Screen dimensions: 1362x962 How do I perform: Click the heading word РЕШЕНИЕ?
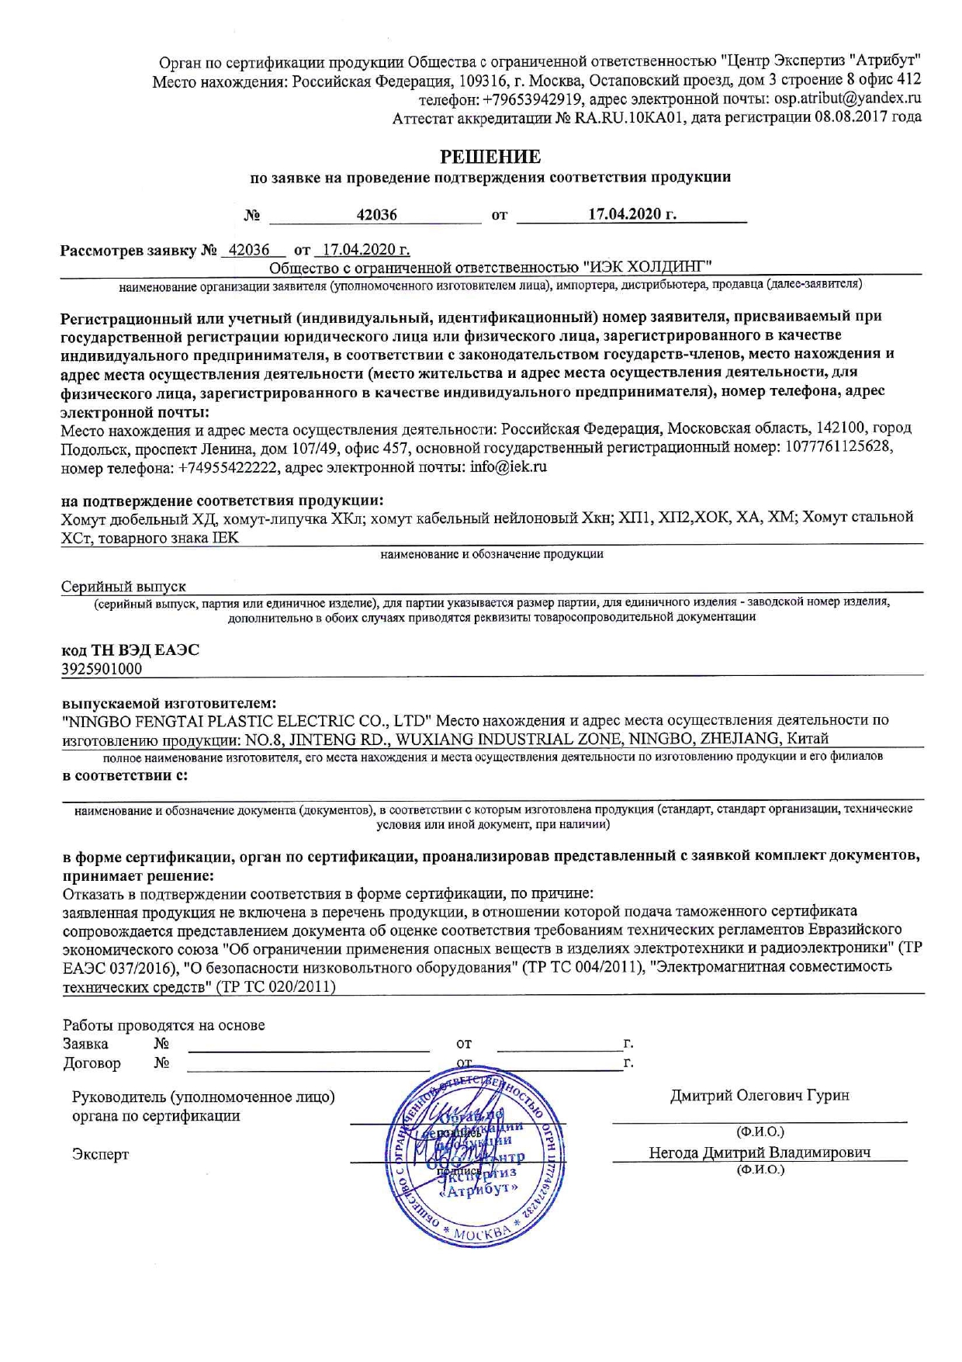(x=490, y=157)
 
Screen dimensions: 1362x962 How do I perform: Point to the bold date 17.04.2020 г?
(x=632, y=214)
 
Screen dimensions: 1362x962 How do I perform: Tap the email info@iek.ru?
(x=508, y=467)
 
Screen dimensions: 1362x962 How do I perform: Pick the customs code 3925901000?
(x=102, y=668)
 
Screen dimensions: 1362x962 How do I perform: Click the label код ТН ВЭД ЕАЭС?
(x=130, y=650)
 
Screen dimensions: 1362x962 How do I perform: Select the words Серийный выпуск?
(x=123, y=587)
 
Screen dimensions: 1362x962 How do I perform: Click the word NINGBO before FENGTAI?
(x=95, y=720)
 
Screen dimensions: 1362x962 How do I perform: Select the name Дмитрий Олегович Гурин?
(x=760, y=1095)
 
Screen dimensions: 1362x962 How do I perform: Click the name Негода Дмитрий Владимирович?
(x=760, y=1152)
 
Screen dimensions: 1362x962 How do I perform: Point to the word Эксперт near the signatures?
(x=101, y=1154)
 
